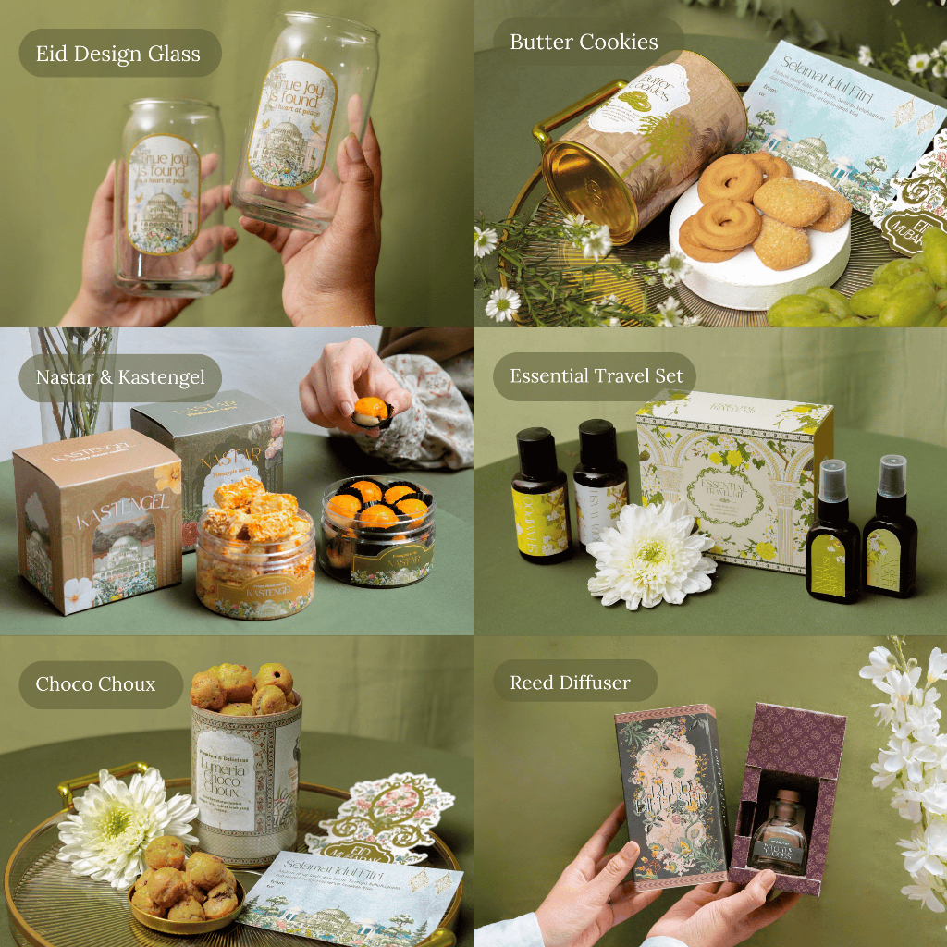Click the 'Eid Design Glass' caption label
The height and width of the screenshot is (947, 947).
pyautogui.click(x=117, y=54)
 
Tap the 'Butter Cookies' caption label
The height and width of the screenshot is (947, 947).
pyautogui.click(x=584, y=43)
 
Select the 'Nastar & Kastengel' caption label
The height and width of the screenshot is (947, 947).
pyautogui.click(x=120, y=377)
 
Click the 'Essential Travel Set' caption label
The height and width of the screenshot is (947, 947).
pyautogui.click(x=596, y=375)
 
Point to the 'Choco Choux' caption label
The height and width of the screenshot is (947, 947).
pyautogui.click(x=95, y=684)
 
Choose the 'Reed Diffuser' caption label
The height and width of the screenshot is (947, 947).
pyautogui.click(x=570, y=683)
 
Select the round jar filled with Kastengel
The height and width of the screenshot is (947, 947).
pyautogui.click(x=254, y=555)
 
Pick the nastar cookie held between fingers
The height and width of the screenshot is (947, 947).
pyautogui.click(x=372, y=412)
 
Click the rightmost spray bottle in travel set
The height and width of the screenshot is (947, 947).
pyautogui.click(x=890, y=532)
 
